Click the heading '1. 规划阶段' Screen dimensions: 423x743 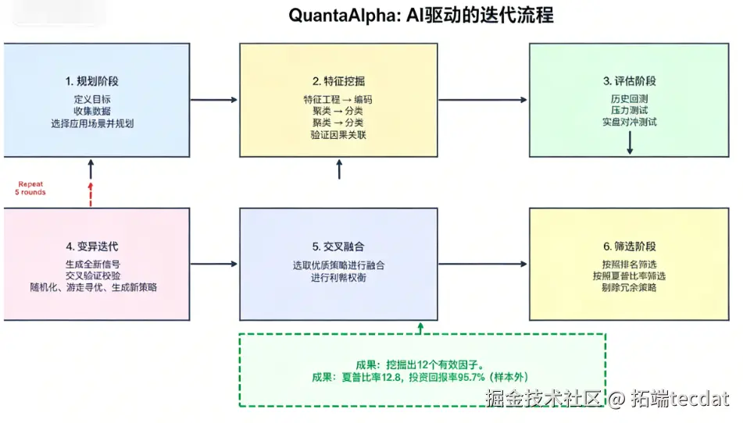[92, 81]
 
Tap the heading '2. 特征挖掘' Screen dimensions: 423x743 [338, 81]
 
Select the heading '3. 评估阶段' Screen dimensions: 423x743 [629, 81]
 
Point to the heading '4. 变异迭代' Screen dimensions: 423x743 [92, 247]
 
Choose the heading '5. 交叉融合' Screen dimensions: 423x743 [338, 247]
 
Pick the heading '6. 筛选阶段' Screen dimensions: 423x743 [629, 247]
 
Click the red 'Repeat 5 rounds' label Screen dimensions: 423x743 [31, 188]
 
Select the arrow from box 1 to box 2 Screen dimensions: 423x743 [214, 100]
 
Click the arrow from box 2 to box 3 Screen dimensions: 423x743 [482, 100]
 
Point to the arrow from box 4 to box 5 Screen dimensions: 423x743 [214, 265]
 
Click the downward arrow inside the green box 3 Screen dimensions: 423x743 [629, 142]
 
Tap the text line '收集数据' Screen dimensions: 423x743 [92, 111]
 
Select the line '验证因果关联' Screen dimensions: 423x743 [338, 135]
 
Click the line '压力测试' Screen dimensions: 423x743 [629, 111]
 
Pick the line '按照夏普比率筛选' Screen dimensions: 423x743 [629, 276]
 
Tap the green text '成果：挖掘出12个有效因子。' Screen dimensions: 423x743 [421, 364]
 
